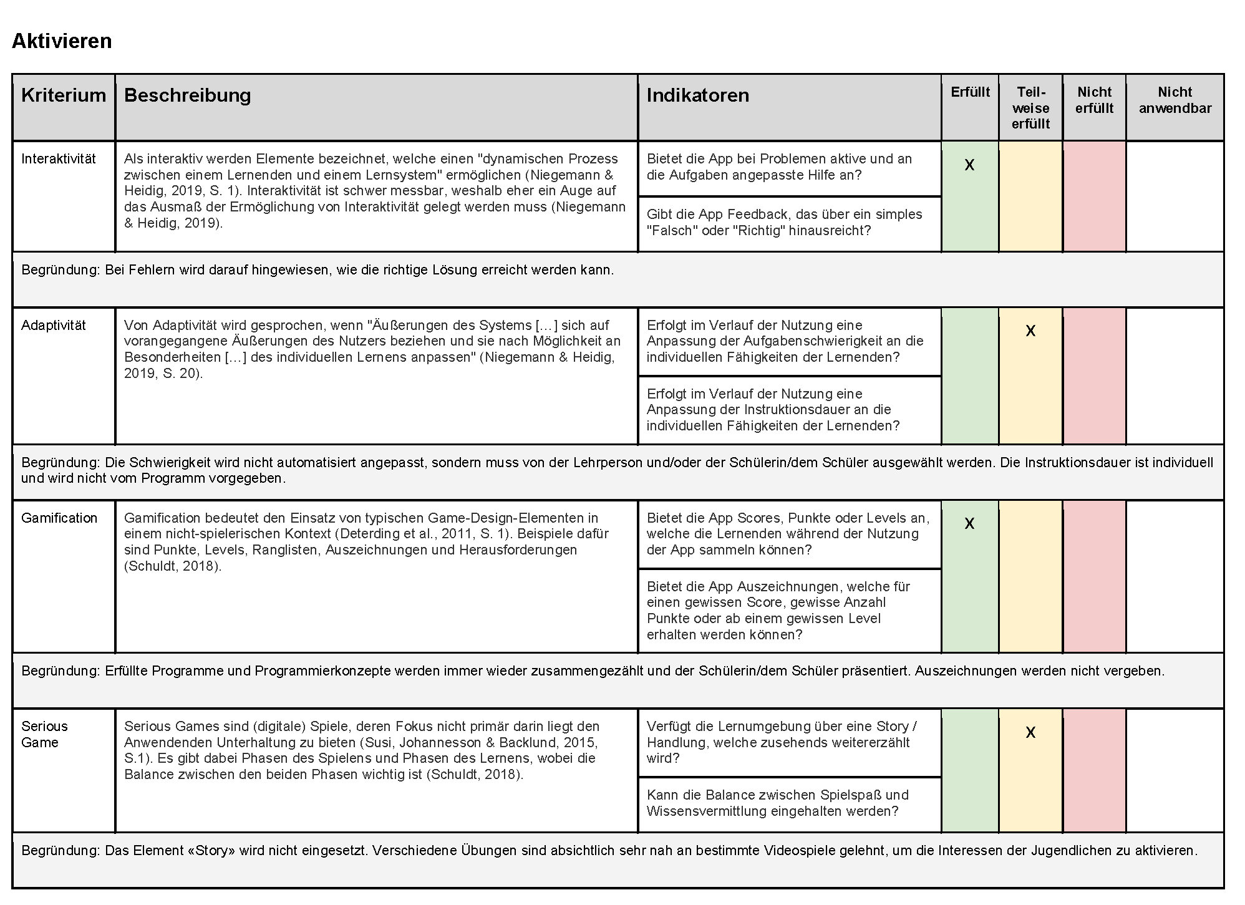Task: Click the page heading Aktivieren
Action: (62, 41)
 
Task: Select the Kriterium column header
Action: (64, 95)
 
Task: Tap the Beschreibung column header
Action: (187, 95)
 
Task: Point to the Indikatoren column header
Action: (697, 95)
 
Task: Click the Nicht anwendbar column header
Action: (1175, 100)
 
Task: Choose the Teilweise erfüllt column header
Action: (1030, 108)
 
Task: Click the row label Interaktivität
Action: (59, 159)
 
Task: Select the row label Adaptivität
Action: (54, 326)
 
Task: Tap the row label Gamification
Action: (59, 518)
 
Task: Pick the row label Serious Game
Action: (44, 734)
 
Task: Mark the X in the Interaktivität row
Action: (969, 165)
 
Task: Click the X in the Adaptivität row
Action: (1030, 331)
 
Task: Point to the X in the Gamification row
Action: (969, 524)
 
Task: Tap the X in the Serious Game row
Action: (1030, 733)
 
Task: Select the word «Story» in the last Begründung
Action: (211, 851)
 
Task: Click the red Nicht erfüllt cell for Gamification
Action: (1094, 577)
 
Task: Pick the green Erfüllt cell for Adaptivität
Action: (969, 376)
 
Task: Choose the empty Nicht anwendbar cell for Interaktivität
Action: (1175, 196)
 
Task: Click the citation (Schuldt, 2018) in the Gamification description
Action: (172, 566)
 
